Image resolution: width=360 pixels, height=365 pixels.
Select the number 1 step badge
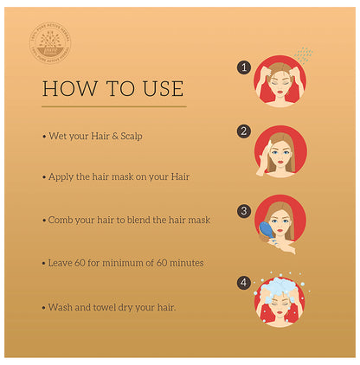click(x=244, y=67)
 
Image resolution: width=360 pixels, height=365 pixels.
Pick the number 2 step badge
click(x=244, y=131)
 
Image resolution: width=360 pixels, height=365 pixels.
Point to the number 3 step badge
click(x=244, y=210)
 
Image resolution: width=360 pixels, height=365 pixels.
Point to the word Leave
click(x=63, y=261)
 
